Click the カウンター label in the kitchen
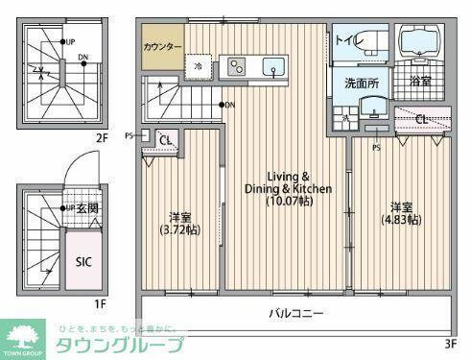pyautogui.click(x=163, y=46)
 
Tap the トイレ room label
pyautogui.click(x=344, y=40)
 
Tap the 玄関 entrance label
pyautogui.click(x=88, y=208)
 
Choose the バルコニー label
pyautogui.click(x=296, y=313)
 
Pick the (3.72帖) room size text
pyautogui.click(x=179, y=230)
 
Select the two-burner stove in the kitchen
pyautogui.click(x=235, y=66)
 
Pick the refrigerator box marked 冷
pyautogui.click(x=198, y=66)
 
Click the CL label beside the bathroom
pyautogui.click(x=422, y=118)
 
